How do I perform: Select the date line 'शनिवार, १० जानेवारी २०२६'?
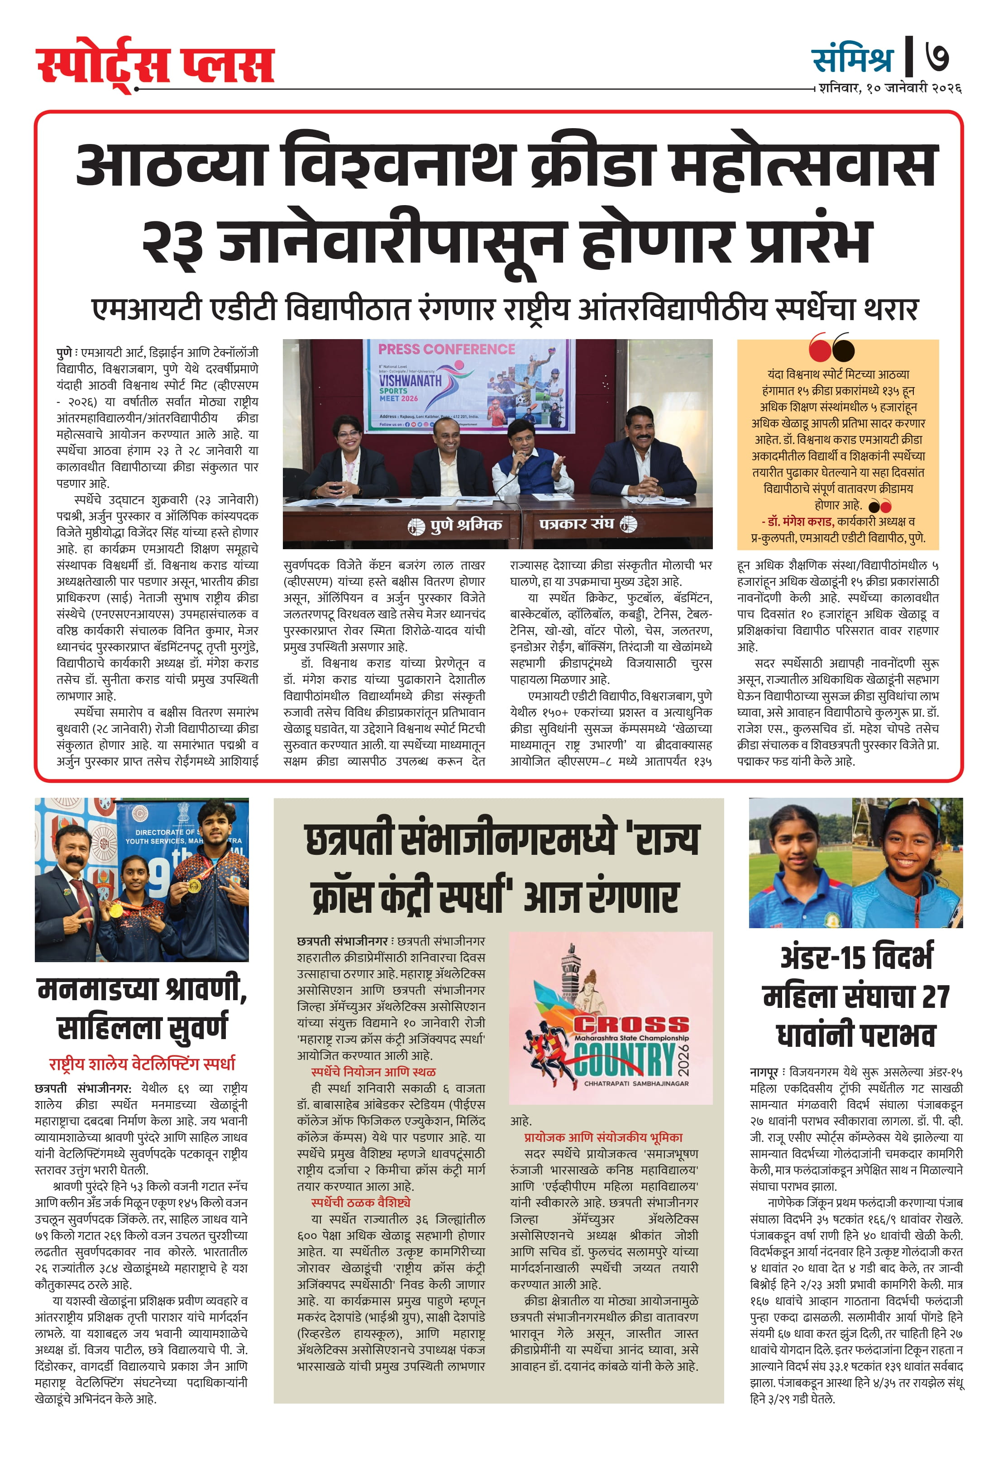(890, 88)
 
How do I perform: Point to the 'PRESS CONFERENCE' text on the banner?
(446, 349)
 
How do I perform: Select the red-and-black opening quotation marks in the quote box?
(831, 347)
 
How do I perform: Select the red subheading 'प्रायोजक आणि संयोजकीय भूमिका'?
(603, 1137)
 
